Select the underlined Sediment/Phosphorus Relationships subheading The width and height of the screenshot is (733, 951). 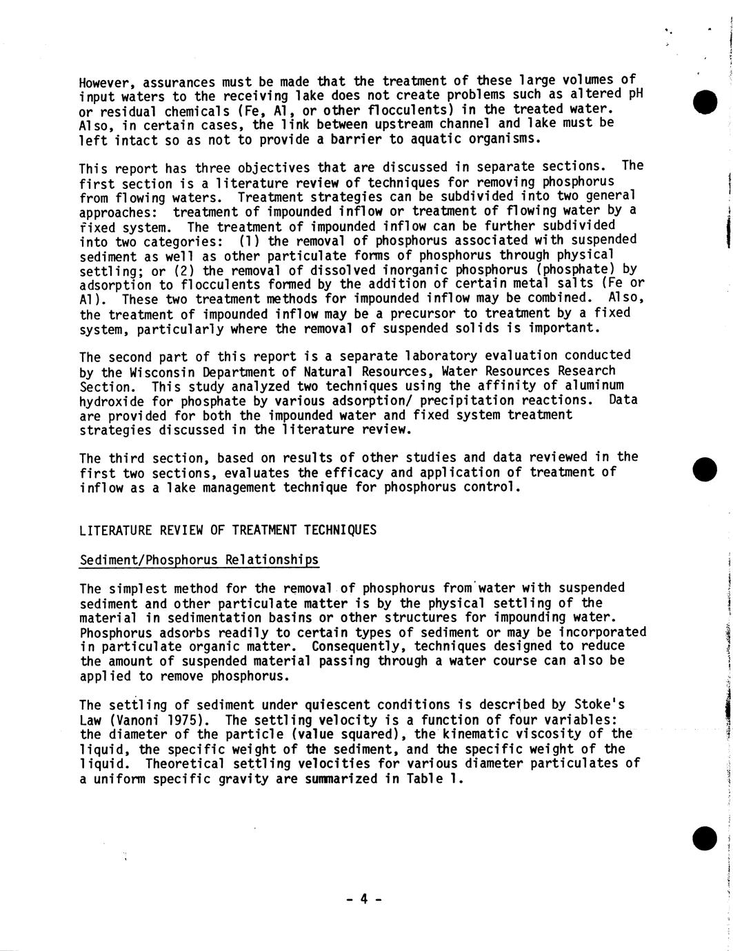[x=199, y=559]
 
